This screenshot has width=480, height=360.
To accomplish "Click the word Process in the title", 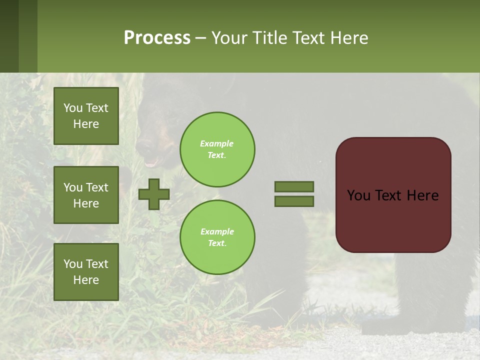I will click(157, 38).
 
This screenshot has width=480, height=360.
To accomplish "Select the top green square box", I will click(86, 116).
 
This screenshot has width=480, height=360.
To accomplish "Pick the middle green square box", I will click(86, 195).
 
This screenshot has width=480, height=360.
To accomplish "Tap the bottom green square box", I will click(86, 272).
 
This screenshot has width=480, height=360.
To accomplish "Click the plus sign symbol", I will click(154, 194).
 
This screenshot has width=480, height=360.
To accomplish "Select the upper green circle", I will click(217, 149).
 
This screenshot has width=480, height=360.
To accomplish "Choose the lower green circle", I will click(217, 237).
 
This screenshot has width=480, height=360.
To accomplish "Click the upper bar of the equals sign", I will click(294, 186).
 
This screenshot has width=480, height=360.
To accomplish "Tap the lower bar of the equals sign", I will click(294, 201).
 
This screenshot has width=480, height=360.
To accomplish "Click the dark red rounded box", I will click(393, 220).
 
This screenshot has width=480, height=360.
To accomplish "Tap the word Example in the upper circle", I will click(216, 143).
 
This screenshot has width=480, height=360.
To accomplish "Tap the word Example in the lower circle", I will click(217, 231).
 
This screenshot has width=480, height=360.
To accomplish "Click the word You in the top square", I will click(73, 108).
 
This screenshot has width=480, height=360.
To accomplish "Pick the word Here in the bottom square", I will click(86, 280).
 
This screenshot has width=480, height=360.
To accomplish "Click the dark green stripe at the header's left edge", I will click(9, 36).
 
